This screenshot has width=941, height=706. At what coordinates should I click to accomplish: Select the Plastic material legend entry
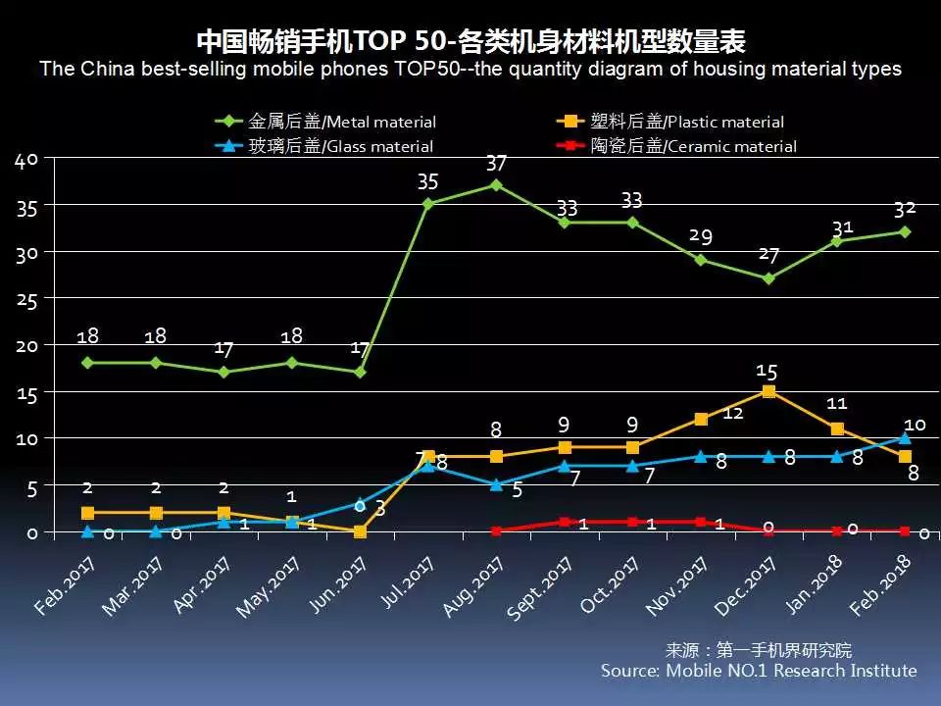[x=671, y=123]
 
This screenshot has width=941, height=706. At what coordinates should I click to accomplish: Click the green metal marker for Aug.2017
[x=496, y=184]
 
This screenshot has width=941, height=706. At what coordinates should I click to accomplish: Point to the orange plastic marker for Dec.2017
[x=768, y=391]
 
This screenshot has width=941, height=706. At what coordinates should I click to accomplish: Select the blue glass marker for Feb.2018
[x=905, y=437]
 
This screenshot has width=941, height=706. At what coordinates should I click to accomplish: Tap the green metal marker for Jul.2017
[x=428, y=203]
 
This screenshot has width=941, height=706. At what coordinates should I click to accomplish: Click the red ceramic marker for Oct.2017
[x=632, y=522]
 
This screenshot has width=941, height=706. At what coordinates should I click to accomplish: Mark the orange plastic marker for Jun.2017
[x=360, y=531]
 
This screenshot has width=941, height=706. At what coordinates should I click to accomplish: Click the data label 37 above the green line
[x=496, y=163]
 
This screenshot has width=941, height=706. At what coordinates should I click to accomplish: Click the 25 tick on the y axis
[x=25, y=299]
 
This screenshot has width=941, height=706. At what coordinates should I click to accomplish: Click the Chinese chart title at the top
[x=470, y=42]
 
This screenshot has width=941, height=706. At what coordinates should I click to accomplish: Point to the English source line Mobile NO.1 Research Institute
[x=759, y=671]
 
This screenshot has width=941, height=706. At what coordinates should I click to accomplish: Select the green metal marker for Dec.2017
[x=768, y=277]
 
